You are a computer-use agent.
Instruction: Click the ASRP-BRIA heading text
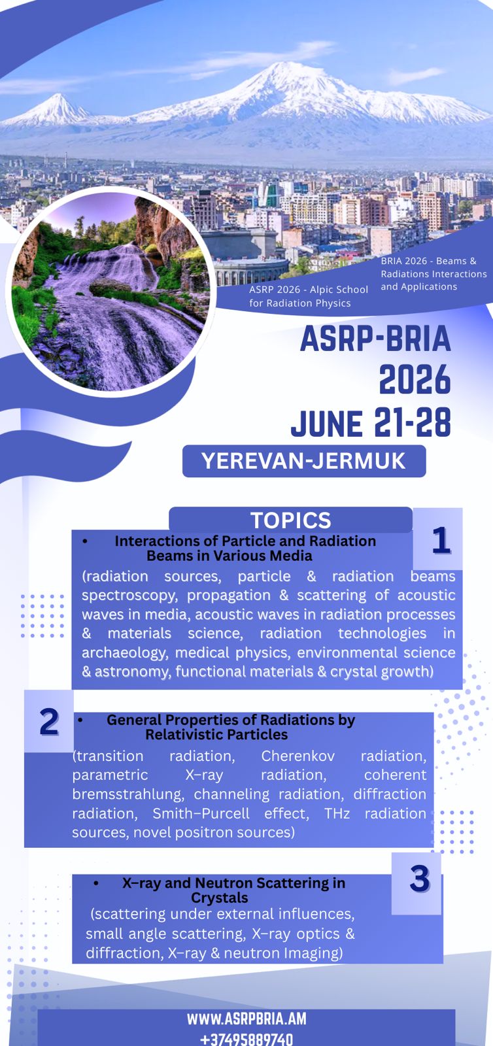[375, 339]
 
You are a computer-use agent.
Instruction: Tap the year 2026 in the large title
[415, 380]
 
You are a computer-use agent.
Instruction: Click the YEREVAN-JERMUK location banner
[304, 461]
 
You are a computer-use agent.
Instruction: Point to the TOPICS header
[290, 520]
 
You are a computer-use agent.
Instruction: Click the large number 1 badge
[441, 540]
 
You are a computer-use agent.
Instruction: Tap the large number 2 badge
[49, 722]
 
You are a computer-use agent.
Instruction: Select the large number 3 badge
[419, 879]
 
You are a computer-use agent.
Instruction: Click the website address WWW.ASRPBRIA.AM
[246, 1019]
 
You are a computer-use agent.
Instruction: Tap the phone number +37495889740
[246, 1039]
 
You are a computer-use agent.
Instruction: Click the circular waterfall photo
[110, 292]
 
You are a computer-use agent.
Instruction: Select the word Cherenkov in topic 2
[297, 756]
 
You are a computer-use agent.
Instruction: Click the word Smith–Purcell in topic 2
[201, 813]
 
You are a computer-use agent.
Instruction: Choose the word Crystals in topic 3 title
[220, 898]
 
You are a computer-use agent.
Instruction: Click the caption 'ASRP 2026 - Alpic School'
[309, 290]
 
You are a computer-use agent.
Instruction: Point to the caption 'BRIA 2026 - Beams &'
[428, 261]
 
